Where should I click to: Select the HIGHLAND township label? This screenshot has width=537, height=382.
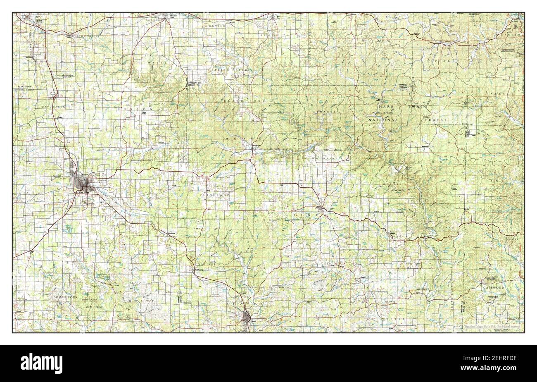216,194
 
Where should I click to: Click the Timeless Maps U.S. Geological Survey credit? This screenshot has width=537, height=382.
493,327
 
